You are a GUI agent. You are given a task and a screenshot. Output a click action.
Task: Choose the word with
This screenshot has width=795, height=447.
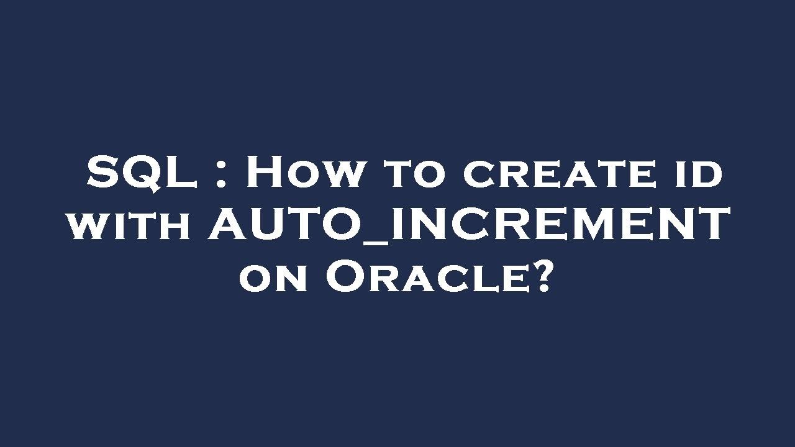pos(129,225)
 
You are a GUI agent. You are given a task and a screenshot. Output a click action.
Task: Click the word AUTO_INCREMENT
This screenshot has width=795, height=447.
pos(469,225)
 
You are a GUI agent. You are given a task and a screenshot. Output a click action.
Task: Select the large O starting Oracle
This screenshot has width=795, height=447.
pos(345,277)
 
